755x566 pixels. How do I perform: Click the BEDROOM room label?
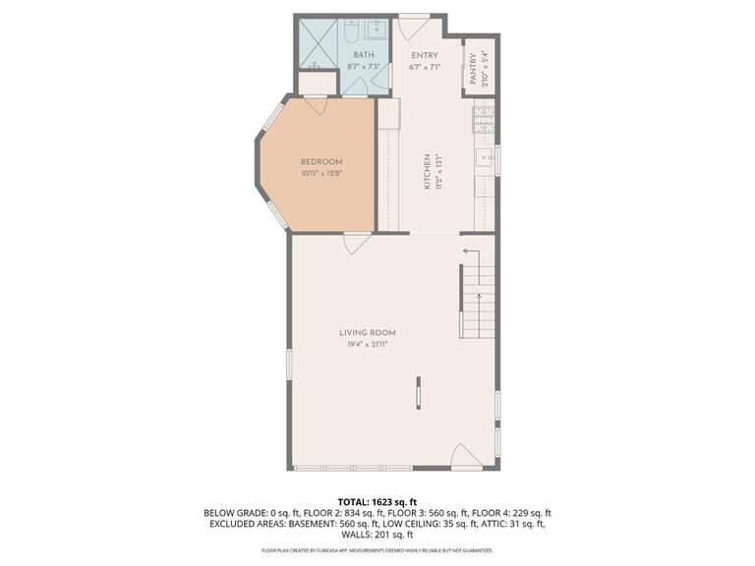click(x=321, y=162)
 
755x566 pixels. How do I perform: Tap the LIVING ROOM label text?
click(x=369, y=333)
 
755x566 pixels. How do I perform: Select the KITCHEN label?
click(x=427, y=171)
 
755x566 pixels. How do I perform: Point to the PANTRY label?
click(x=473, y=69)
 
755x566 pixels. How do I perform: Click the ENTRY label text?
click(x=424, y=55)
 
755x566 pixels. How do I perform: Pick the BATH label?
click(x=364, y=55)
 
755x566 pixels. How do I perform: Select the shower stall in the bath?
click(x=318, y=41)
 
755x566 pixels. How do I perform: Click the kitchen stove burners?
click(x=483, y=122)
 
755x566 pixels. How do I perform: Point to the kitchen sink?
click(x=484, y=157)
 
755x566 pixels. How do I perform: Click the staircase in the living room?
click(x=476, y=291)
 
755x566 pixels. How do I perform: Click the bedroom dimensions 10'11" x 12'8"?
click(x=321, y=174)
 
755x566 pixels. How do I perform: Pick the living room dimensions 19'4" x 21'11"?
click(x=369, y=345)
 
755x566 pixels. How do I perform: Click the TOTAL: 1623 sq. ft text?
click(x=377, y=500)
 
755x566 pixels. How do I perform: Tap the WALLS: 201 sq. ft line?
click(x=377, y=536)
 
